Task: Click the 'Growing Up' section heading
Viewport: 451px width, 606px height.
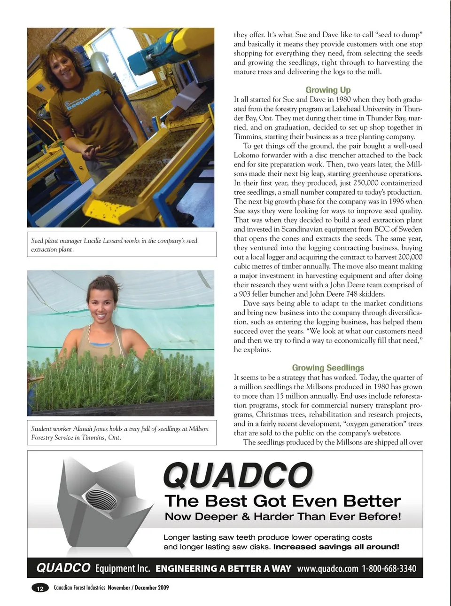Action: click(328, 90)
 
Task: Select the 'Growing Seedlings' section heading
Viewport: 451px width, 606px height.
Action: click(328, 368)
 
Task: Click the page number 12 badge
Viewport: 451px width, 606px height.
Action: click(40, 588)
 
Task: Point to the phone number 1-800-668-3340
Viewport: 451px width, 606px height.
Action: click(389, 568)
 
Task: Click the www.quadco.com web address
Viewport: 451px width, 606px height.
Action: click(327, 568)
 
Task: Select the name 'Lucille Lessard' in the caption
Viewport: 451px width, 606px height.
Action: click(104, 241)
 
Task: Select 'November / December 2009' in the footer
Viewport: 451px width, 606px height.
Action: click(138, 588)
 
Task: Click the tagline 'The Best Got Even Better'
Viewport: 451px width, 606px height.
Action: click(283, 501)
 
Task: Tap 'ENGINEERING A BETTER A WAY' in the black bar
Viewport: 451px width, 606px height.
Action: click(223, 568)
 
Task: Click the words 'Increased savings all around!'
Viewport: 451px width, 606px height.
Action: click(336, 547)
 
